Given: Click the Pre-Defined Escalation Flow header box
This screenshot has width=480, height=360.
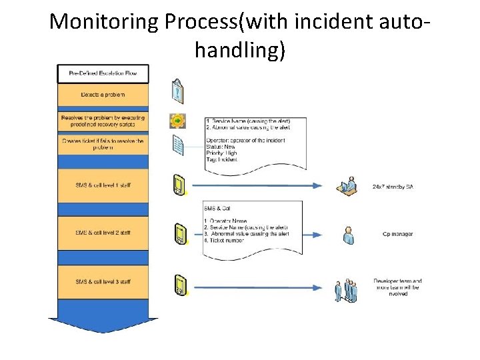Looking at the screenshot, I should [103, 73].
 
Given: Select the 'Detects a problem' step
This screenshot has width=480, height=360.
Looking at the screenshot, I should [103, 95].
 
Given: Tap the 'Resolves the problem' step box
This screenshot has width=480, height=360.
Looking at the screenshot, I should [103, 121].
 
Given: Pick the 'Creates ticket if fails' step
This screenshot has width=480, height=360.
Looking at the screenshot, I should [103, 144].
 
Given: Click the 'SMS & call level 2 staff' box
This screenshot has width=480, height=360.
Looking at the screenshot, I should [103, 232].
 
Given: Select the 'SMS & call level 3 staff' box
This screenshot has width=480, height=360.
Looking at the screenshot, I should [103, 281].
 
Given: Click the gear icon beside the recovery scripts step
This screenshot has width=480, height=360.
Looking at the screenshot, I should [177, 121].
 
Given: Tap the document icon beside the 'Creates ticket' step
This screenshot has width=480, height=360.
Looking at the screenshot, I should [178, 145].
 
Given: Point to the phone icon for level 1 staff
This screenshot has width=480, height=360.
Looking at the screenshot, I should [178, 184].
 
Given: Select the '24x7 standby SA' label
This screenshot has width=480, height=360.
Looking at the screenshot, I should [393, 187].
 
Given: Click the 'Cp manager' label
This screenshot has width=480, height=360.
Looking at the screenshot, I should [397, 234].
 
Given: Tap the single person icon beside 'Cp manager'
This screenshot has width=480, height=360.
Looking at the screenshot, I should [347, 235].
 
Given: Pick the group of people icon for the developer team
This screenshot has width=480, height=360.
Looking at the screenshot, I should [347, 289].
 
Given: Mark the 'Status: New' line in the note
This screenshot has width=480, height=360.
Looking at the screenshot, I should [221, 147].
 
